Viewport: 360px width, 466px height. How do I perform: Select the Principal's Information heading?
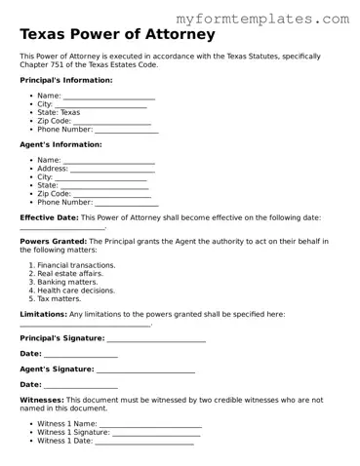pyautogui.click(x=65, y=80)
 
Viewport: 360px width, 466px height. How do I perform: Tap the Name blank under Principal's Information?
pyautogui.click(x=108, y=97)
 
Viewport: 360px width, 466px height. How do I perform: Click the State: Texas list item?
pyautogui.click(x=59, y=112)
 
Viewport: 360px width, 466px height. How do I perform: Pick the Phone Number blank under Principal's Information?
pyautogui.click(x=126, y=129)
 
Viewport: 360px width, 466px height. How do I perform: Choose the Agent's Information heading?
pyautogui.click(x=60, y=144)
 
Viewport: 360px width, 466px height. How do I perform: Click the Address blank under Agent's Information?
pyautogui.click(x=112, y=169)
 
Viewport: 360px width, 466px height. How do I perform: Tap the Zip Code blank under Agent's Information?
pyautogui.click(x=112, y=193)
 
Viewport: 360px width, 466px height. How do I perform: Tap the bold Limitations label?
pyautogui.click(x=43, y=314)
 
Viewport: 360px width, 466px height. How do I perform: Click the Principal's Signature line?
pyautogui.click(x=156, y=338)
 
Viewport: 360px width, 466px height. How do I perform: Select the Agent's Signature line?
pyautogui.click(x=145, y=369)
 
